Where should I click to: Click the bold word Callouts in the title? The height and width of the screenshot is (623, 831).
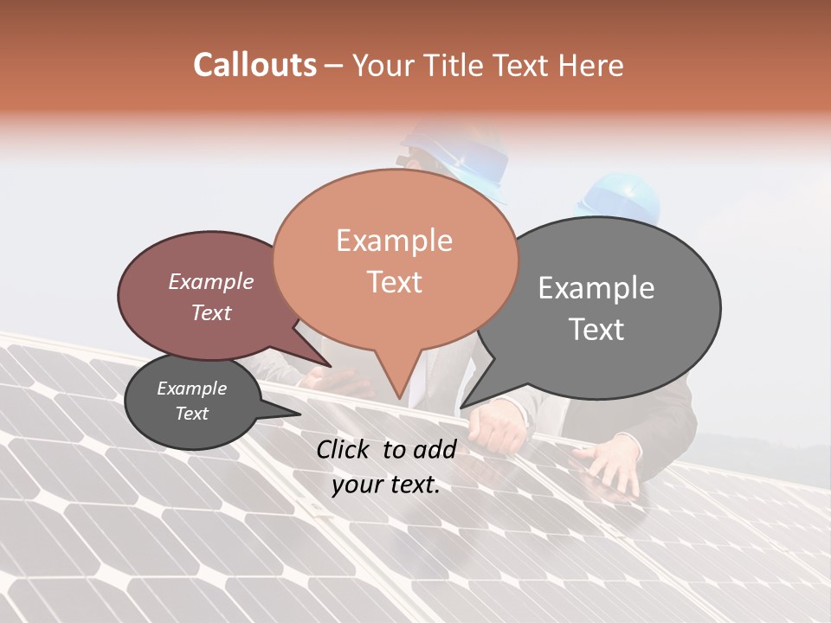pos(254,65)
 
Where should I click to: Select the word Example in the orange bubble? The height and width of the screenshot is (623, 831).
pos(394,241)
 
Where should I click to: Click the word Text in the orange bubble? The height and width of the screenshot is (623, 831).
pos(395,282)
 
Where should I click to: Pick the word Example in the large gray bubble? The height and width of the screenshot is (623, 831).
pos(596,288)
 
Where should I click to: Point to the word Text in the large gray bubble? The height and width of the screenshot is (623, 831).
pos(597,330)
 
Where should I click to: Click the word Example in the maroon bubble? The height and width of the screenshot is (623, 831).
pos(211,281)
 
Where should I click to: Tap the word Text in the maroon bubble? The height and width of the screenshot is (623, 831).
pos(211,312)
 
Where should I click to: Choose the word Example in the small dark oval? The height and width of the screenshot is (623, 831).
pos(192,389)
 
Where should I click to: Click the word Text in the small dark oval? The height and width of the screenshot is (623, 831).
pos(192,414)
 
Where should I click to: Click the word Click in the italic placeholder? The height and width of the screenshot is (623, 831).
pos(345,449)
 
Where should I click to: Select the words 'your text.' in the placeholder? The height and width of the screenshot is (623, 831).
pos(386,485)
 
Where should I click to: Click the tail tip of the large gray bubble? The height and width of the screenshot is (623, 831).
pos(461,407)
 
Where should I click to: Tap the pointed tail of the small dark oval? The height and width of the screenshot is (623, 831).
pos(299,414)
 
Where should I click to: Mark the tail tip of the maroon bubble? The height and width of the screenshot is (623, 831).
pos(331,366)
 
